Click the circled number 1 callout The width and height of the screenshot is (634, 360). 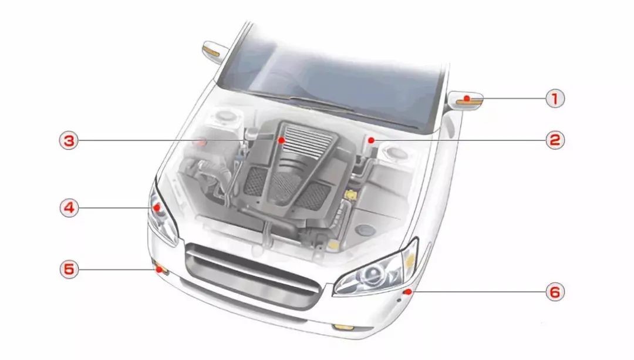pyautogui.click(x=555, y=98)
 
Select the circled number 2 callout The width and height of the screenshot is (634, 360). pyautogui.click(x=555, y=140)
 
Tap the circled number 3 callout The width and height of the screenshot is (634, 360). pyautogui.click(x=69, y=140)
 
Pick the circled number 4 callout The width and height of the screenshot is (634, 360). pyautogui.click(x=69, y=208)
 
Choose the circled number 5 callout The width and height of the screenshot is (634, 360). pyautogui.click(x=69, y=269)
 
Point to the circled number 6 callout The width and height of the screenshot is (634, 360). pyautogui.click(x=555, y=292)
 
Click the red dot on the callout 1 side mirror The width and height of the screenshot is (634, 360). pyautogui.click(x=467, y=98)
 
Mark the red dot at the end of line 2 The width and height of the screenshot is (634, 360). pyautogui.click(x=371, y=140)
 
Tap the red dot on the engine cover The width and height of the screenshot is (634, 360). pyautogui.click(x=281, y=140)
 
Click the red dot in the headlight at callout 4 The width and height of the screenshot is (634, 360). pyautogui.click(x=157, y=207)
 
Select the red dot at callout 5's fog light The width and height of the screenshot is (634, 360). pyautogui.click(x=158, y=269)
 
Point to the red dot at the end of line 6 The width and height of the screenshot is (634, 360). pyautogui.click(x=409, y=292)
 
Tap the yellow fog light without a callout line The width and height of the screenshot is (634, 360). pyautogui.click(x=343, y=327)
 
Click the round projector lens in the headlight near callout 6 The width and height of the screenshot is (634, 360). pyautogui.click(x=372, y=274)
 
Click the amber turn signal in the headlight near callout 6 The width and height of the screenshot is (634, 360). pyautogui.click(x=410, y=260)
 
